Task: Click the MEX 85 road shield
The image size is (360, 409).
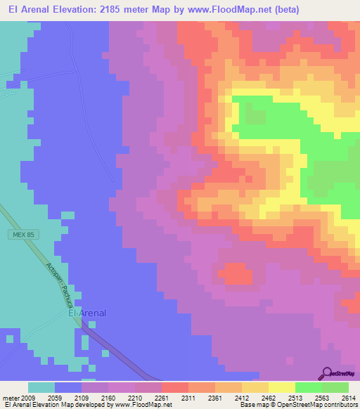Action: click(22, 234)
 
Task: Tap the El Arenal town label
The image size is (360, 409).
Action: click(87, 313)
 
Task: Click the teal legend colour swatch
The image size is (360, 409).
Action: click(41, 387)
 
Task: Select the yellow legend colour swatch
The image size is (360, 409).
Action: click(281, 387)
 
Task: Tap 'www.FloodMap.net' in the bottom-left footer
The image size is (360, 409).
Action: click(139, 405)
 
